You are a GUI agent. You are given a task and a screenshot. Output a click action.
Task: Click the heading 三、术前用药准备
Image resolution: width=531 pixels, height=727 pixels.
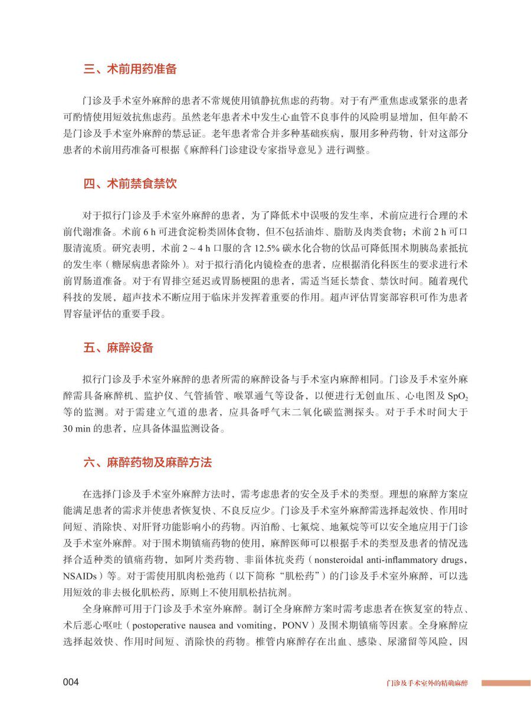click(x=130, y=70)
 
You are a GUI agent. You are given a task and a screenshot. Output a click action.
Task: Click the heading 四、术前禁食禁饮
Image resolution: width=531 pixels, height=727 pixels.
click(x=130, y=184)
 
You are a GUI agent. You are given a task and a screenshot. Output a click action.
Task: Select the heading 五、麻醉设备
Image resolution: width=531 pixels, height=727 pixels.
click(x=118, y=348)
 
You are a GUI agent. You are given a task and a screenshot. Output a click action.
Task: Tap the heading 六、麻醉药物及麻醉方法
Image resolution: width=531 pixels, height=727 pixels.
click(x=147, y=463)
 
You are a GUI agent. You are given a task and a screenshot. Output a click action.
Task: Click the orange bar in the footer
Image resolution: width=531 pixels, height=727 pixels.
click(x=505, y=683)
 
